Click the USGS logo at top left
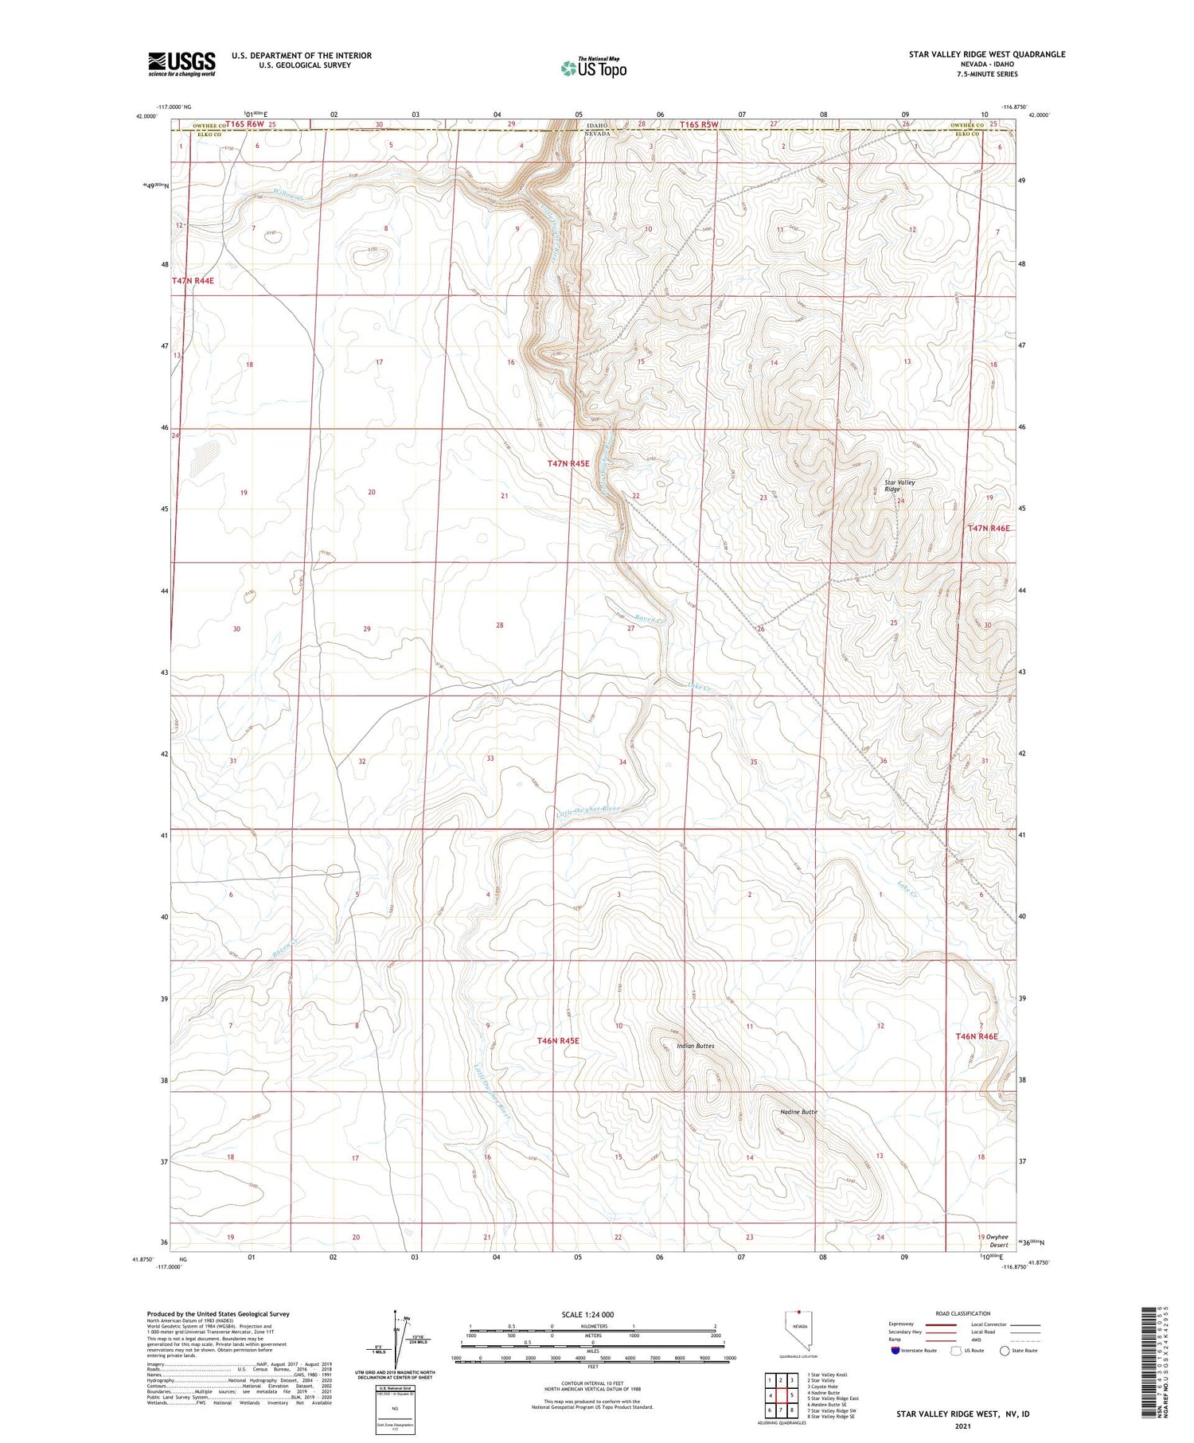pyautogui.click(x=181, y=64)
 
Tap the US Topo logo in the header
pyautogui.click(x=593, y=68)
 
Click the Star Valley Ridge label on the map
pyautogui.click(x=899, y=486)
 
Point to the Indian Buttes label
pyautogui.click(x=695, y=1046)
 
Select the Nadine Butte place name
pyautogui.click(x=798, y=1112)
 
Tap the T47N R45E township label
pyautogui.click(x=568, y=463)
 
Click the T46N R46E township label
pyautogui.click(x=976, y=1037)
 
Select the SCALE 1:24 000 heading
pyautogui.click(x=587, y=1315)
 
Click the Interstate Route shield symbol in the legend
pyautogui.click(x=895, y=1351)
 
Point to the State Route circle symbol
pyautogui.click(x=1005, y=1351)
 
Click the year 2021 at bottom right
pyautogui.click(x=962, y=1425)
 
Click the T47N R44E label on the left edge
pyautogui.click(x=193, y=281)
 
